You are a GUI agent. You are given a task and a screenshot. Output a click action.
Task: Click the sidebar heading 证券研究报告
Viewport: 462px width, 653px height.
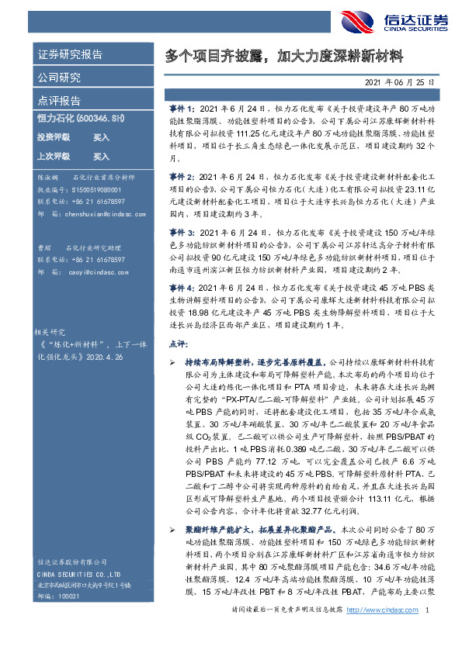tap(70, 55)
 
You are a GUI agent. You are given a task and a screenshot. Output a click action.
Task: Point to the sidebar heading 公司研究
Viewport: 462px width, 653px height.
tap(59, 78)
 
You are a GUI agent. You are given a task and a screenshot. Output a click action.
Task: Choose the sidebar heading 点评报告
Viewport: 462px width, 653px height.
tap(59, 101)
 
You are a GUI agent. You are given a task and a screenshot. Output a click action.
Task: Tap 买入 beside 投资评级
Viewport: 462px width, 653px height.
tap(102, 137)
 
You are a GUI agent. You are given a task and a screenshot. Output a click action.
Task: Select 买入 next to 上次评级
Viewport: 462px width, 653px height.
tap(102, 156)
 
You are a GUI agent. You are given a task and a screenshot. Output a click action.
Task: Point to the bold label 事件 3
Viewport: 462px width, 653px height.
tap(182, 232)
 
